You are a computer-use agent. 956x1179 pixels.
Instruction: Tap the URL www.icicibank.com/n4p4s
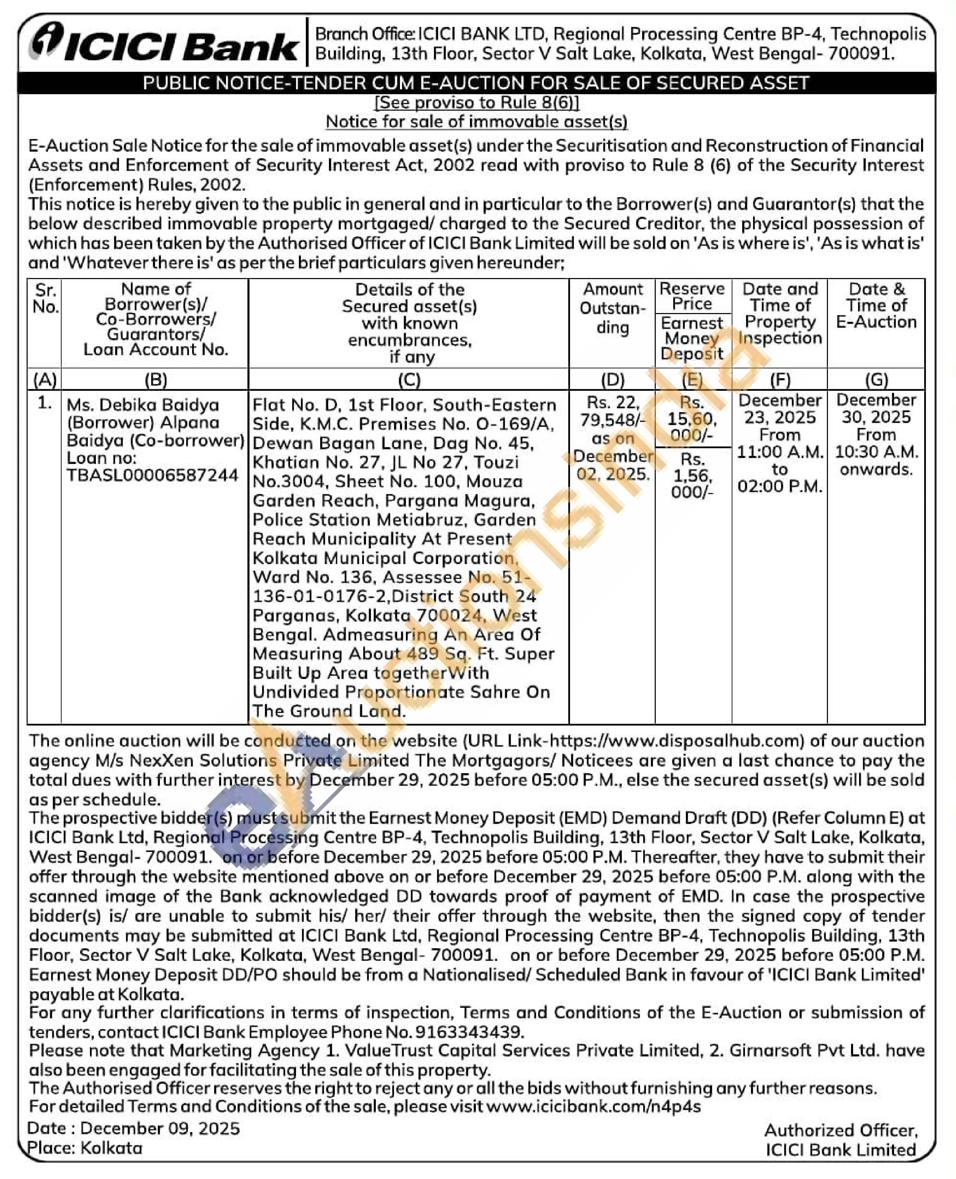point(593,1106)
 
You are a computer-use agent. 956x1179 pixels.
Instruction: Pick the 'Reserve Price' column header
point(692,296)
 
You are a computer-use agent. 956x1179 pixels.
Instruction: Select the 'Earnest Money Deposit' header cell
point(692,338)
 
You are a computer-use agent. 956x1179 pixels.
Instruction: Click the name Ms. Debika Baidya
point(143,405)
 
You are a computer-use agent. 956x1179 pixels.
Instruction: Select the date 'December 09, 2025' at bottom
point(160,1128)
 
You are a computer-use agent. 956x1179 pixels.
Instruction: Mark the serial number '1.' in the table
point(44,403)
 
